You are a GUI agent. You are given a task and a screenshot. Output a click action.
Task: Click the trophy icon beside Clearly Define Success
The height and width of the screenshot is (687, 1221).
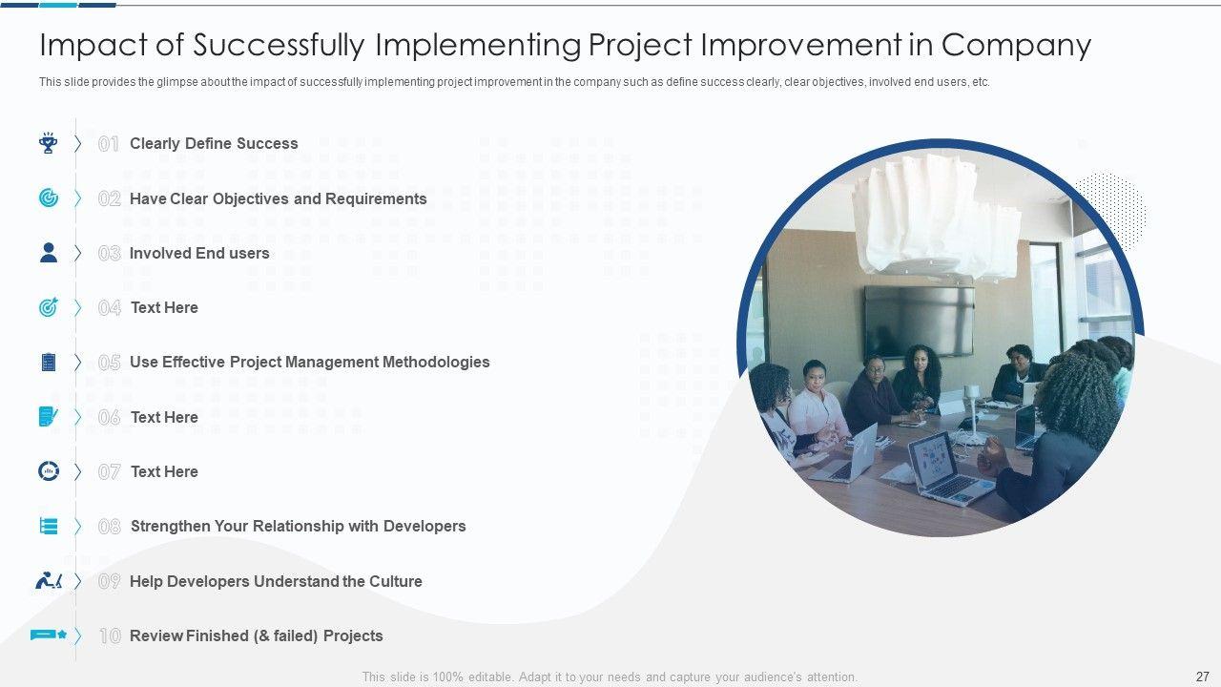(x=49, y=143)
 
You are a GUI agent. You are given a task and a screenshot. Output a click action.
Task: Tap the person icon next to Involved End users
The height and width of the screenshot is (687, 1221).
(x=49, y=253)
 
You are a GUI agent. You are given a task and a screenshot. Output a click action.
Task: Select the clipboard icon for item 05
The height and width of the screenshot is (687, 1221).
(x=49, y=362)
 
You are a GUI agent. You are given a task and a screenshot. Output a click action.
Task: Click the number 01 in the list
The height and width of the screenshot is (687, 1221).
(x=109, y=144)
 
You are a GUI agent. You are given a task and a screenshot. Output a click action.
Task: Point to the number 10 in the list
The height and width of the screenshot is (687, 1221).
(x=110, y=635)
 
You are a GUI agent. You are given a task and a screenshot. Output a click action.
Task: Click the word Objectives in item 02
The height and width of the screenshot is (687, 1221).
(x=251, y=199)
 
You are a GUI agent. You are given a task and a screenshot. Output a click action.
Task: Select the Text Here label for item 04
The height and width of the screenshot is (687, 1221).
(x=164, y=307)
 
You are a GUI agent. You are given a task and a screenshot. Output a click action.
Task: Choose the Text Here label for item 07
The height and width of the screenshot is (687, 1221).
(x=164, y=471)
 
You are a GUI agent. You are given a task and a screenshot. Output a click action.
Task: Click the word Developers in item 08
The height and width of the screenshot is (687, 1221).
(x=424, y=526)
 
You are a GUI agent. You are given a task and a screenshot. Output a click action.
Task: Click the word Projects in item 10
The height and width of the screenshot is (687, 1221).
(x=353, y=635)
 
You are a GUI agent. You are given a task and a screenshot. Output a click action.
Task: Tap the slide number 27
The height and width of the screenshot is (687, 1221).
(x=1203, y=677)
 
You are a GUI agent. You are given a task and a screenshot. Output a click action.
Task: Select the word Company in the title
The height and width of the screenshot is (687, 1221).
(x=1016, y=45)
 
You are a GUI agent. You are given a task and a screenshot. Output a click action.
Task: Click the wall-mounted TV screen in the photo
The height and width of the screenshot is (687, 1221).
(x=919, y=322)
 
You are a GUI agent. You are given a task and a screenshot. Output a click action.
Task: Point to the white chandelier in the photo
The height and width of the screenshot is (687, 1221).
(x=937, y=213)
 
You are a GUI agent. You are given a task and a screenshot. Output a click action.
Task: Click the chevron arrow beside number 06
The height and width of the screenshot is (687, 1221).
(x=77, y=417)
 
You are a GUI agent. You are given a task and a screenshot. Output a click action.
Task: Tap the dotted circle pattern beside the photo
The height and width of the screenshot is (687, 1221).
(x=1112, y=210)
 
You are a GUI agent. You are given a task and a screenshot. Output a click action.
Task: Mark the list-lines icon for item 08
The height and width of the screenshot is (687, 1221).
(x=49, y=526)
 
